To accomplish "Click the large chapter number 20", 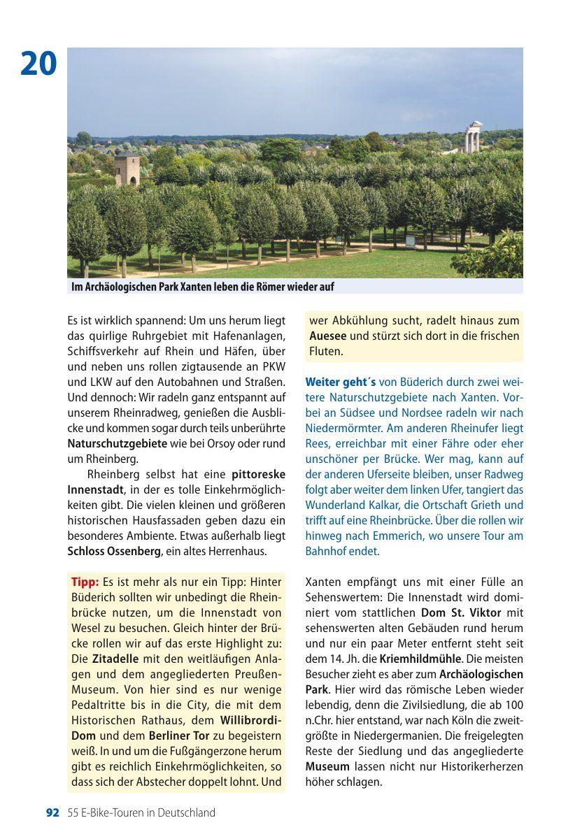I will coord(38,64).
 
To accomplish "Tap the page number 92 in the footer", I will coord(52,812).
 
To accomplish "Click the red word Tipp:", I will coord(85,582).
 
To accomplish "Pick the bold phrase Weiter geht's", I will coord(341,382).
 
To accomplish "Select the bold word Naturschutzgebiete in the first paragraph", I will coord(117,444).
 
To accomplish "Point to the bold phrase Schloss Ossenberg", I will coord(114,552).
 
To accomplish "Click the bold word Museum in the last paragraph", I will coord(327,766).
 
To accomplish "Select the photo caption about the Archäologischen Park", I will coord(203,287).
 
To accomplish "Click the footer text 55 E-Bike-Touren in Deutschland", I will coord(141,812).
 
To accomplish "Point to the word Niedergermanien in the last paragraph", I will coord(396,736).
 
